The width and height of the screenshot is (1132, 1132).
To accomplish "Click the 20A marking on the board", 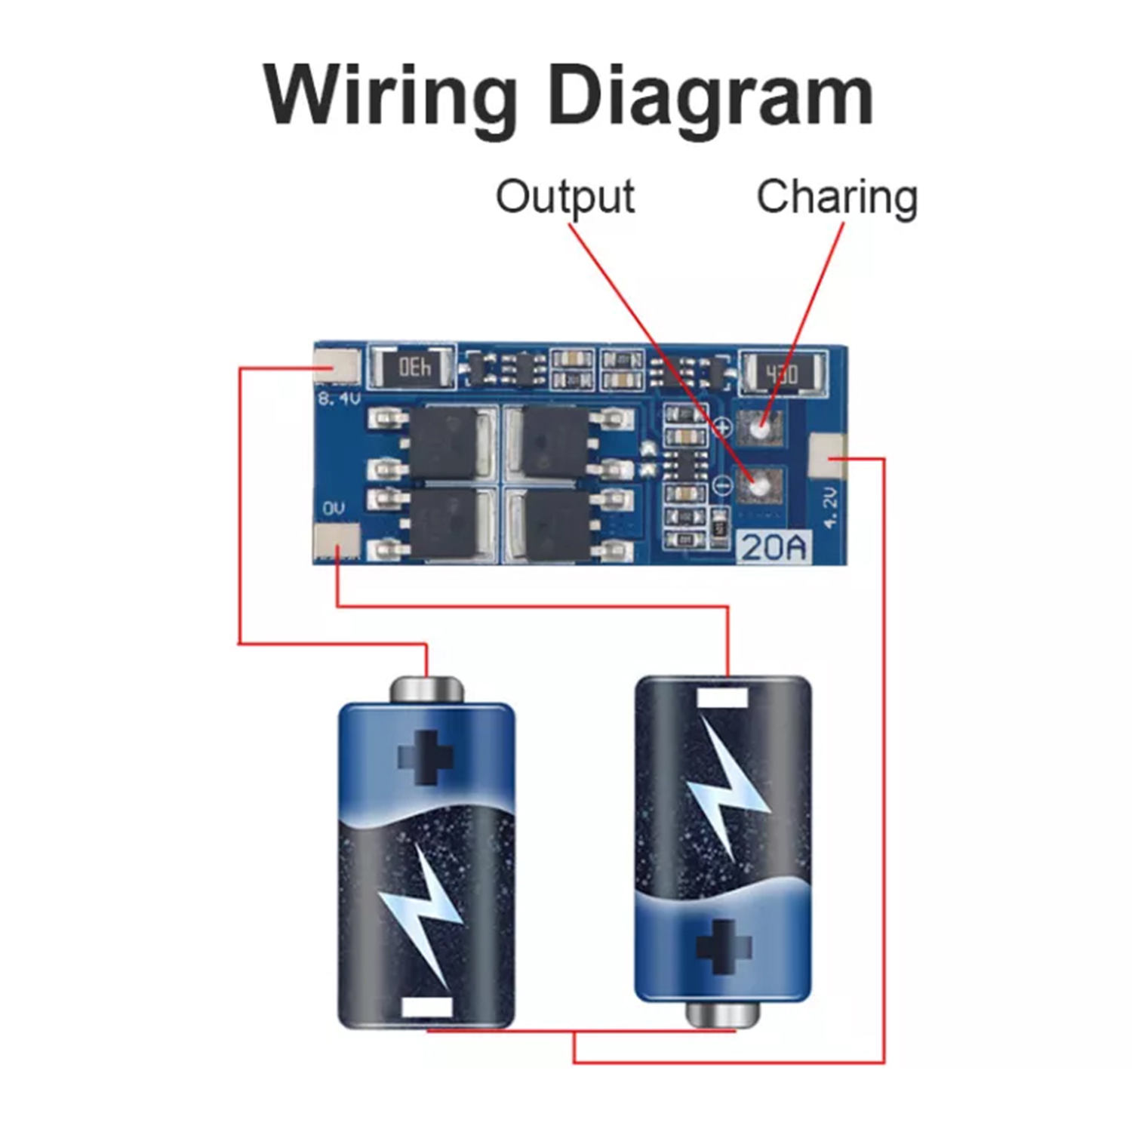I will click(x=774, y=546).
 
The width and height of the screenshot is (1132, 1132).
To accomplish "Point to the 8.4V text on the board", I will click(x=339, y=398).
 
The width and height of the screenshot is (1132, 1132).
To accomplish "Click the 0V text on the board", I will click(x=334, y=508).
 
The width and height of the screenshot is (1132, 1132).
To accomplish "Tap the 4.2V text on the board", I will click(x=830, y=507).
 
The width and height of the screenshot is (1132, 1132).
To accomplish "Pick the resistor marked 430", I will click(x=782, y=373).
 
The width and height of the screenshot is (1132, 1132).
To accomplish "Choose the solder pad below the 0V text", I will click(x=337, y=541).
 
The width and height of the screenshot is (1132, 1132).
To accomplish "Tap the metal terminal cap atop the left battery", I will click(x=426, y=689).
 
